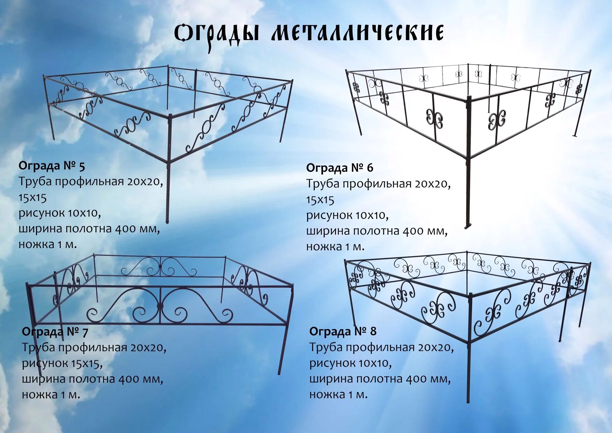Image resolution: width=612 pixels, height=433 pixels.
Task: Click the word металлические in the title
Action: (357, 34)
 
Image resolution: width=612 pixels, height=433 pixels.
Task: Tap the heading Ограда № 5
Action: (52, 166)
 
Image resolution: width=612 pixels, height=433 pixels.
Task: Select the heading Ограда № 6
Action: (339, 168)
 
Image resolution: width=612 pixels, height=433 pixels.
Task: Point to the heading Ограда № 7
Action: (55, 332)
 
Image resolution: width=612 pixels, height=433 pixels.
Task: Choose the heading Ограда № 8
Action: (343, 331)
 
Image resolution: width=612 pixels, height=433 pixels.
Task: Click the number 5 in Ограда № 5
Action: (82, 167)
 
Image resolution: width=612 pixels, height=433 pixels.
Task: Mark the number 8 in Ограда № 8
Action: (373, 331)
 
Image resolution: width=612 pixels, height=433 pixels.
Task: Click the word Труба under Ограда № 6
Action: (322, 184)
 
